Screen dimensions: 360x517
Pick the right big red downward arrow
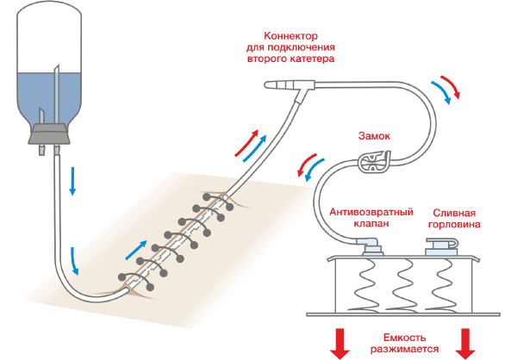(x=465, y=343)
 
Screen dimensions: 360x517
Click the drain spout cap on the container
(x=438, y=247)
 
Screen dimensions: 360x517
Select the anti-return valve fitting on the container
(x=372, y=248)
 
